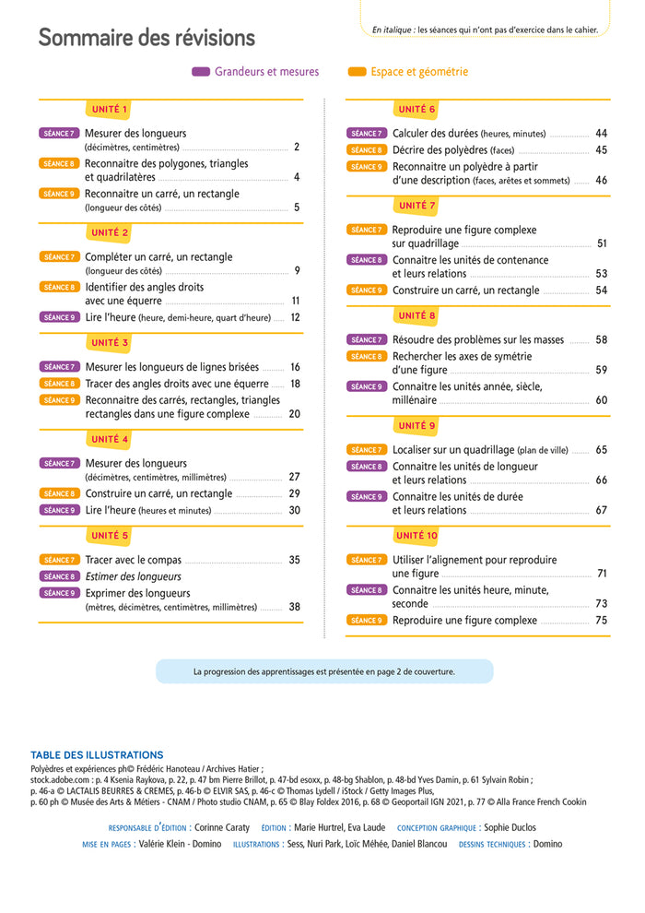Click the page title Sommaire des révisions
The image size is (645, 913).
(147, 38)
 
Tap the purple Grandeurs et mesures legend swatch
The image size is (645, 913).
(201, 72)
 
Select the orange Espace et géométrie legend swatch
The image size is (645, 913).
(357, 72)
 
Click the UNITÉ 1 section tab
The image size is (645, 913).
(110, 110)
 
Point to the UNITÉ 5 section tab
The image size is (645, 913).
(110, 535)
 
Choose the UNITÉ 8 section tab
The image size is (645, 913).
(416, 315)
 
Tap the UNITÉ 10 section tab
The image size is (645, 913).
(416, 535)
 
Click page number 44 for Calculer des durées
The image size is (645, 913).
(601, 134)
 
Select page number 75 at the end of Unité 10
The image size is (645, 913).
(601, 621)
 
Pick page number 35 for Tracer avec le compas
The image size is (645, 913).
(294, 560)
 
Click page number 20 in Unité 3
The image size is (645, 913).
(294, 414)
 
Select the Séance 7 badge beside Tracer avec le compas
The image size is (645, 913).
(59, 560)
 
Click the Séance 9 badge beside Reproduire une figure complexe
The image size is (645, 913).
(366, 621)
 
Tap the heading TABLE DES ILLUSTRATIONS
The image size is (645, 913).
(97, 754)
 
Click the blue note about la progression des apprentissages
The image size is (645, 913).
(324, 672)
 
